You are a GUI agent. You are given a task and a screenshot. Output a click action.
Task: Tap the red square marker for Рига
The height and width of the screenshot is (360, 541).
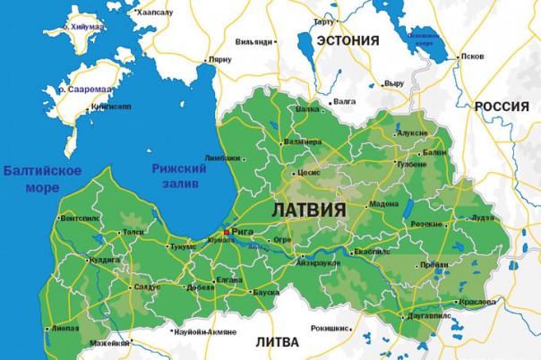227,232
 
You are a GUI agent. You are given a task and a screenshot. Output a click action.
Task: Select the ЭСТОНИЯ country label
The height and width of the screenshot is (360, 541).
348,40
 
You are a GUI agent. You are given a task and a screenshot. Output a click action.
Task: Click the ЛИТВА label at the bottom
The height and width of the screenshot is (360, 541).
278,342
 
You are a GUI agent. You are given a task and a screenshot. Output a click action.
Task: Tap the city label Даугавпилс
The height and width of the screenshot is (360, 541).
428,316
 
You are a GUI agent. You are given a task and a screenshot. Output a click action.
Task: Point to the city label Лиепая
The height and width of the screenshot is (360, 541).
64,328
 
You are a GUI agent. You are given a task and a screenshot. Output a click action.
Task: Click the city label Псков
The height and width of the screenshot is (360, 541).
471,56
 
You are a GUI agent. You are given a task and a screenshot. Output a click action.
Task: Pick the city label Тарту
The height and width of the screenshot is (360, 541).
323,21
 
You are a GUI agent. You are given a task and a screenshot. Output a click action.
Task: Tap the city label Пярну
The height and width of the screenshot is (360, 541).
219,59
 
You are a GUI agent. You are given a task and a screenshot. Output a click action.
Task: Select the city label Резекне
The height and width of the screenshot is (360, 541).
426,224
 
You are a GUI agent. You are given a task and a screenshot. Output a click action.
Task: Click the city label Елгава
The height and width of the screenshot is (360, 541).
229,279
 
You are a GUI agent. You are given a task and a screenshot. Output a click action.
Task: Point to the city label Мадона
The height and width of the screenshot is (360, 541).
383,203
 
